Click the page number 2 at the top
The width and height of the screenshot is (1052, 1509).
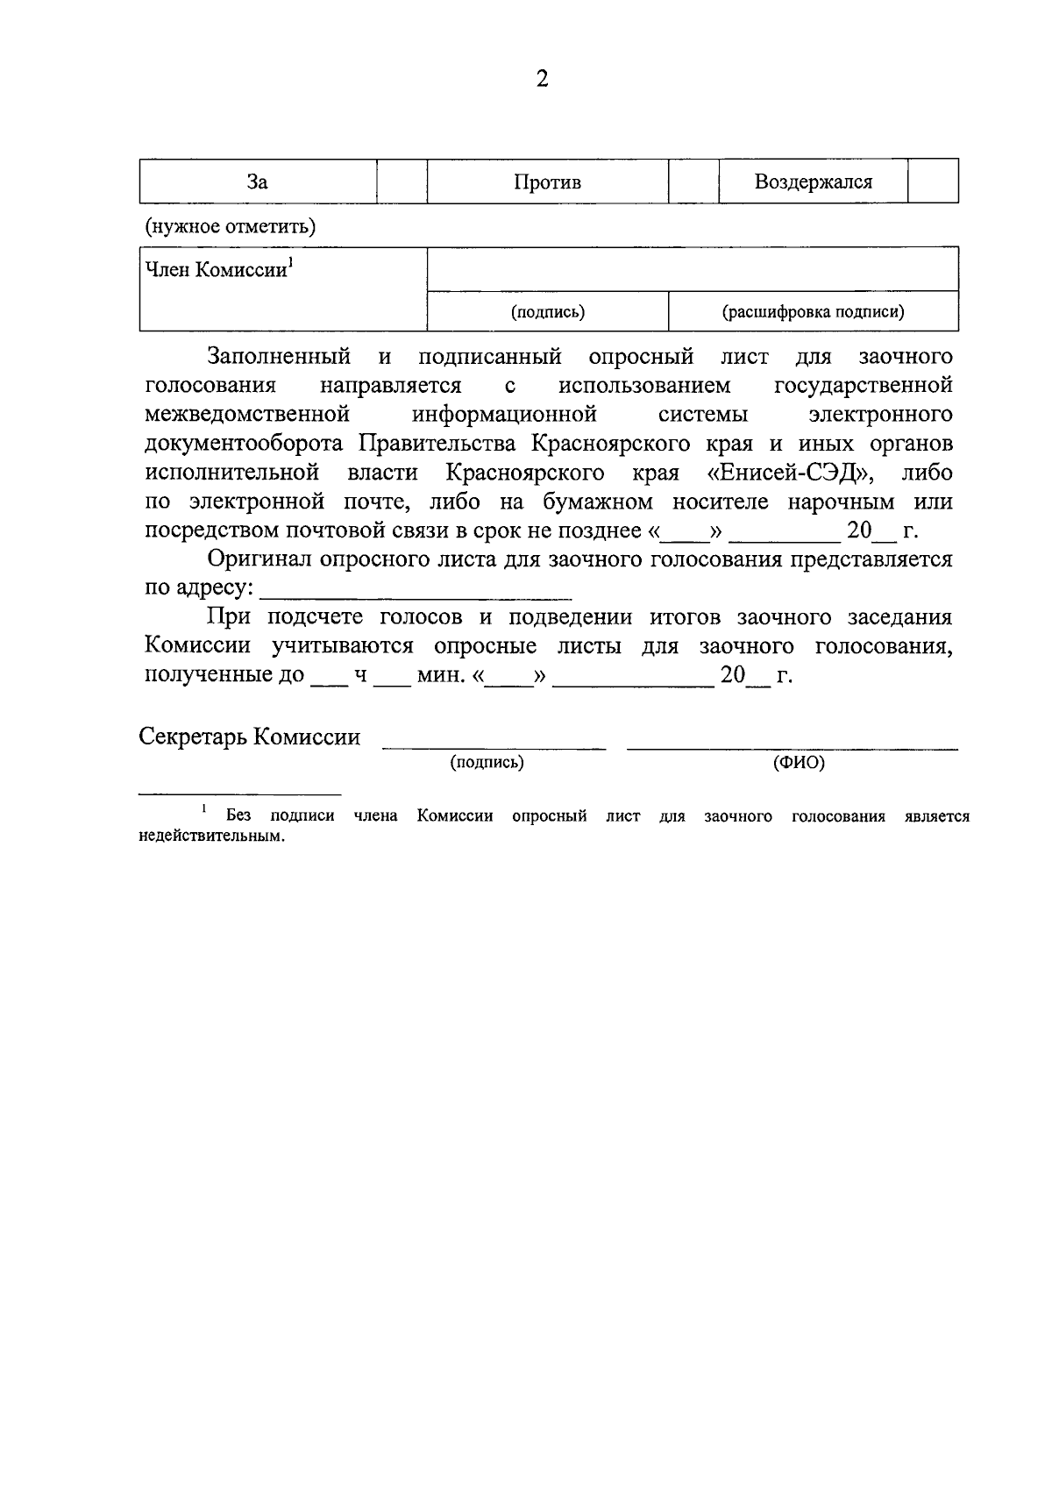coord(542,80)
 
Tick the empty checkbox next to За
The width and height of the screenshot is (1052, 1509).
coord(402,182)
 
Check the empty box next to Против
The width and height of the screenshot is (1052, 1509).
coord(693,182)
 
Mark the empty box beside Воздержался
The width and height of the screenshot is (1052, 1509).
coord(933,182)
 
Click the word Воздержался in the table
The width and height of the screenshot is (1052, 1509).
coord(813,182)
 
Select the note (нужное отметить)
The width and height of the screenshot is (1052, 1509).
coord(231,226)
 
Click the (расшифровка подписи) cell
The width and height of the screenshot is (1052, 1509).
coord(813,311)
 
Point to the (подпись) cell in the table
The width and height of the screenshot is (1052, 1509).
coord(548,311)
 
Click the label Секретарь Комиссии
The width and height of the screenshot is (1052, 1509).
coord(250,737)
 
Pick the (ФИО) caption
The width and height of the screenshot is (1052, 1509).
coord(799,763)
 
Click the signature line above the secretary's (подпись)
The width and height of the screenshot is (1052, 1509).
coord(493,745)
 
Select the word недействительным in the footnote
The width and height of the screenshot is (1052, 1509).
coord(212,836)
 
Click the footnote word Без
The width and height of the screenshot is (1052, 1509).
coord(238,815)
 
